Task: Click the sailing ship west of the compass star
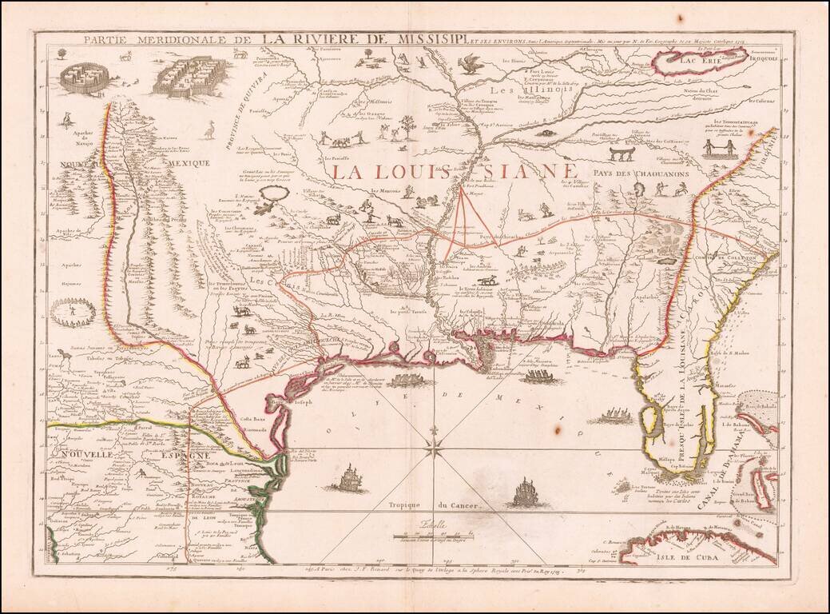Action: [x=349, y=480]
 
